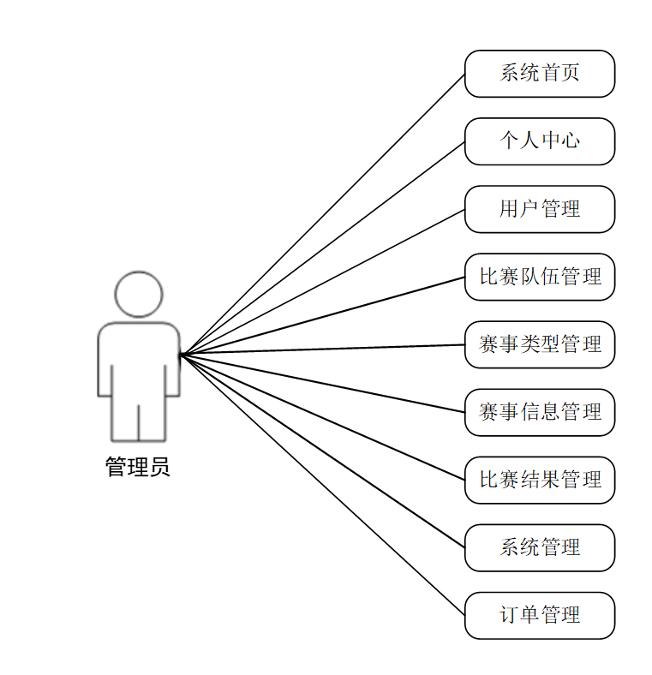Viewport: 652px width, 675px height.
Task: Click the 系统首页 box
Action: [540, 74]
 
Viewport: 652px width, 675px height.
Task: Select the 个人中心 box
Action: [540, 141]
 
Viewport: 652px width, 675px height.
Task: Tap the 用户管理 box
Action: [540, 209]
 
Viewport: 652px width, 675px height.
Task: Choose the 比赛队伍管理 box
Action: [540, 277]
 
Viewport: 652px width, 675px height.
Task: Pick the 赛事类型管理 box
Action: [540, 344]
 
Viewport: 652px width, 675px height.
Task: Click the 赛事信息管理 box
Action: [540, 412]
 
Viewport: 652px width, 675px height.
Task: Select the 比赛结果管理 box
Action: [540, 480]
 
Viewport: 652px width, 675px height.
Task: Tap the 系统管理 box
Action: [540, 547]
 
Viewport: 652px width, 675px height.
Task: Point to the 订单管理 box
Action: [540, 615]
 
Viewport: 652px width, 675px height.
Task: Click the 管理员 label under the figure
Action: [138, 467]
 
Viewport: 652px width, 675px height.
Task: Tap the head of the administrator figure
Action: [139, 295]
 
